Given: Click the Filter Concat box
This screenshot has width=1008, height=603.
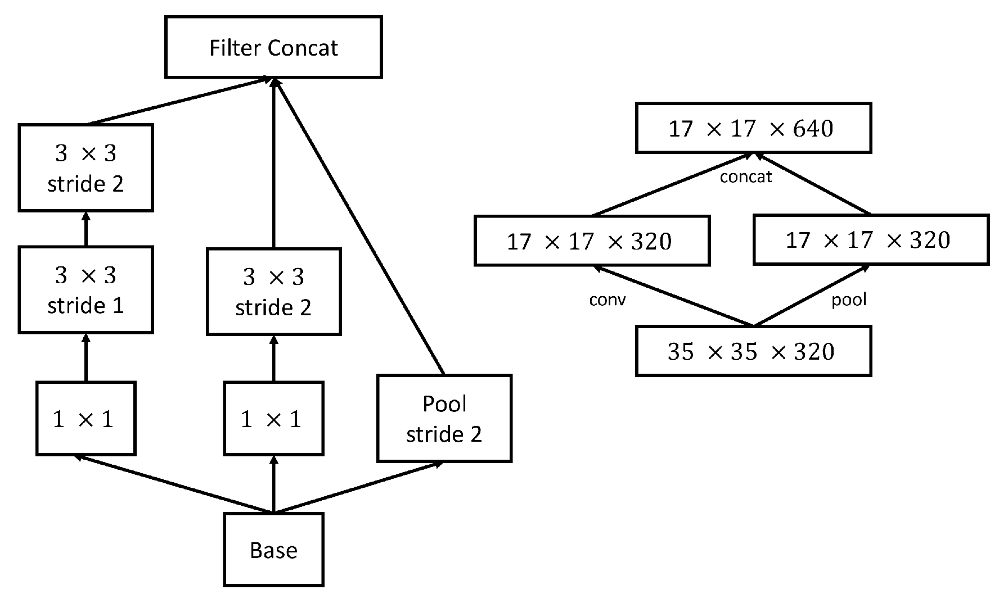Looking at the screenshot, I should (x=273, y=47).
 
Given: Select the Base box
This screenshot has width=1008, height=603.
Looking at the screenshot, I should (x=273, y=550).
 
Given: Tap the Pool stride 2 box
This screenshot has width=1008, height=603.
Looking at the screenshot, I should (x=444, y=419).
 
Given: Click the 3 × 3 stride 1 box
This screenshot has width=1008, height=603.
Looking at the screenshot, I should (x=85, y=290).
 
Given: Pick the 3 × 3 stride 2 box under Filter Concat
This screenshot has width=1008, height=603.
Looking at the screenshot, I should (x=273, y=292).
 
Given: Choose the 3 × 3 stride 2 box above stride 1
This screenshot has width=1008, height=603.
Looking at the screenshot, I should (x=85, y=168).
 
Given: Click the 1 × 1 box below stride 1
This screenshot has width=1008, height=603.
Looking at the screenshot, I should (x=85, y=419).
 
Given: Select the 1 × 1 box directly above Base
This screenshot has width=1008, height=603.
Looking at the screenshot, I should (x=273, y=419).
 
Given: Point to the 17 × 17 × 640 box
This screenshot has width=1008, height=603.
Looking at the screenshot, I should (x=753, y=128).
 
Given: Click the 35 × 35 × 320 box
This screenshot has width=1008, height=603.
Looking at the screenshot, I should (x=753, y=351).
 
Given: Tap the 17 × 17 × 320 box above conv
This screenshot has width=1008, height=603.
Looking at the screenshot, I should (x=591, y=241).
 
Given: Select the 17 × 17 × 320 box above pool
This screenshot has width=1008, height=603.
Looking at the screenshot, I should (x=870, y=240).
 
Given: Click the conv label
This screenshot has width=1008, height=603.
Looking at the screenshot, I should (x=607, y=300).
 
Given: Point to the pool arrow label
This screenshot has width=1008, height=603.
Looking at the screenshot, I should (x=849, y=300).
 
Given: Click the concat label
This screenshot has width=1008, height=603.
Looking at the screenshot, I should (x=745, y=177).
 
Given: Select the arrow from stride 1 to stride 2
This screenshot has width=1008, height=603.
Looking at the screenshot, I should (x=85, y=229).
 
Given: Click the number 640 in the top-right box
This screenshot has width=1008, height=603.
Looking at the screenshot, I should (x=813, y=129).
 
